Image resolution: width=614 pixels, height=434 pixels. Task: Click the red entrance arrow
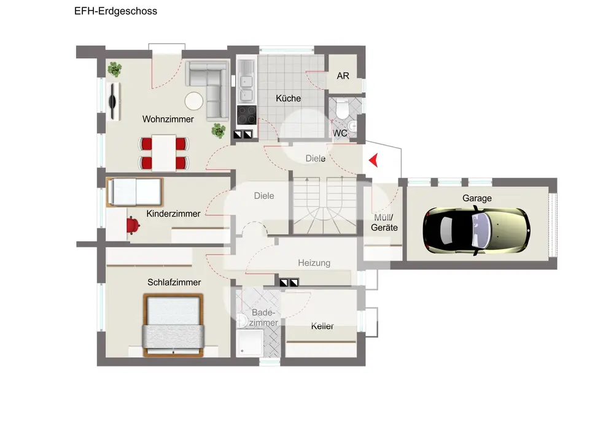point(374,160)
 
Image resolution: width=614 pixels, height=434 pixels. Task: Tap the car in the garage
point(476,231)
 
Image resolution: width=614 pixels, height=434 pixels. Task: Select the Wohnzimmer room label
point(168,119)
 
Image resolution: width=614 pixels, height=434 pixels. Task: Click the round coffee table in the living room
point(194,101)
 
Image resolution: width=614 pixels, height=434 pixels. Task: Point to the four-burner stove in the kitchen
point(247,115)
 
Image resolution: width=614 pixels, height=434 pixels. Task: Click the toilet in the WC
point(342,109)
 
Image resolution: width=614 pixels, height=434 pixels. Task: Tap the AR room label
point(343,76)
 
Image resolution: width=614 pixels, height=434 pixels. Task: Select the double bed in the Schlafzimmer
point(174,325)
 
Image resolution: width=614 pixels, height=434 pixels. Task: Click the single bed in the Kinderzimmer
point(134,192)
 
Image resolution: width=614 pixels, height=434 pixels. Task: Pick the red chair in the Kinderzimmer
point(133,226)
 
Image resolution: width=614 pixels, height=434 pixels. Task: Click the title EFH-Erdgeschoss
point(116,11)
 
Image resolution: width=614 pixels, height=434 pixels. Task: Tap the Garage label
point(477,198)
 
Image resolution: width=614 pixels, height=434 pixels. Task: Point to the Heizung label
point(314,263)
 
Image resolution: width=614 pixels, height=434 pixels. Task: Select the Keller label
point(322,326)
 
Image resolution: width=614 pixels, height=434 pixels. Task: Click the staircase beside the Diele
point(325,206)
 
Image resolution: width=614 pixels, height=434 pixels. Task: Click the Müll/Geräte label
point(384,223)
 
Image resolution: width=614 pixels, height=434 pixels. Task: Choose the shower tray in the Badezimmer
point(249,343)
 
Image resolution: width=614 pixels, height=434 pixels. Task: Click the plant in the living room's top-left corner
point(114,69)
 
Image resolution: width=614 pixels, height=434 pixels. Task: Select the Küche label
point(288,98)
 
